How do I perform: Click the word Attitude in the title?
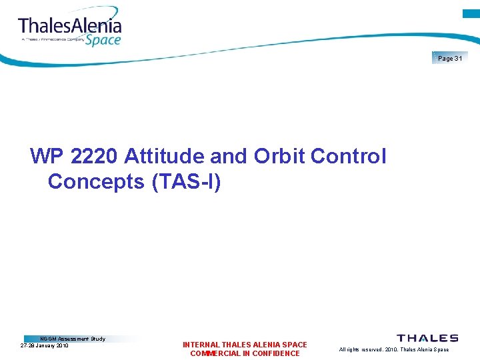(x=165, y=157)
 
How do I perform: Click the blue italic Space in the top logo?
(x=103, y=39)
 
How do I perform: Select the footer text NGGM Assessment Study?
(x=73, y=339)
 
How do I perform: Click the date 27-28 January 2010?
(x=45, y=345)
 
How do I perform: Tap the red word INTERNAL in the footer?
(x=201, y=345)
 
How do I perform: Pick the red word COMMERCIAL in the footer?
(x=216, y=353)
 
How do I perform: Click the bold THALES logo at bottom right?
(x=427, y=338)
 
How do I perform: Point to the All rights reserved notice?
(x=394, y=349)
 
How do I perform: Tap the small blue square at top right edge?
(x=471, y=13)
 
